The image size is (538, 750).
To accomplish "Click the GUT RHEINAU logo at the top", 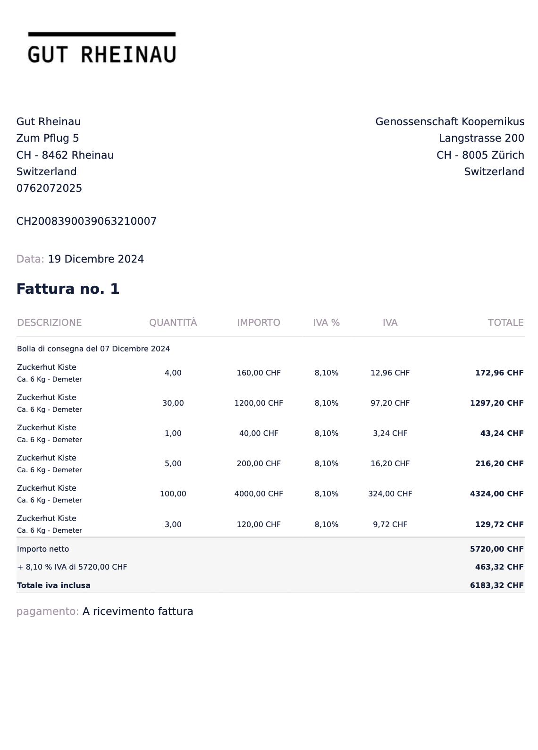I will pyautogui.click(x=102, y=49).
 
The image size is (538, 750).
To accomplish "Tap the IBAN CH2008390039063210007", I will pyautogui.click(x=86, y=222).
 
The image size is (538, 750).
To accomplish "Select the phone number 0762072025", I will pyautogui.click(x=49, y=188).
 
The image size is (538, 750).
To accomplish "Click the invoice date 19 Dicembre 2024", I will pyautogui.click(x=96, y=259).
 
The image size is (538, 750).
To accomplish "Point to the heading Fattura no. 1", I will pyautogui.click(x=68, y=289).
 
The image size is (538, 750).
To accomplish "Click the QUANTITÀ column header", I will pyautogui.click(x=173, y=323).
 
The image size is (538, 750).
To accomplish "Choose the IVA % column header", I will pyautogui.click(x=326, y=323).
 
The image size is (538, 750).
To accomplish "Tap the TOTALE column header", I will pyautogui.click(x=505, y=323).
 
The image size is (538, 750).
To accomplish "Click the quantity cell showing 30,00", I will pyautogui.click(x=173, y=403).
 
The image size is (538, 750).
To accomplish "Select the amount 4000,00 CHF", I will pyautogui.click(x=259, y=494).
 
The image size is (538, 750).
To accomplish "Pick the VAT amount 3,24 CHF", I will pyautogui.click(x=390, y=434).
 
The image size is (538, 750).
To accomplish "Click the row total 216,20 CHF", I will pyautogui.click(x=499, y=464).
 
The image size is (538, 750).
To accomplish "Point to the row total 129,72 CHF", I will pyautogui.click(x=499, y=525).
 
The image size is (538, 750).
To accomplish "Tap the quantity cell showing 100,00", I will pyautogui.click(x=173, y=494).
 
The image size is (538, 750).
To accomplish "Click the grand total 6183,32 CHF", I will pyautogui.click(x=496, y=586).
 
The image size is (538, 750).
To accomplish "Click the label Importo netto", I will pyautogui.click(x=43, y=549).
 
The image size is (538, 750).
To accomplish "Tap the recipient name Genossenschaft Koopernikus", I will pyautogui.click(x=450, y=122).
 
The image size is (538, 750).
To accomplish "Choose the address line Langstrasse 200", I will pyautogui.click(x=481, y=138).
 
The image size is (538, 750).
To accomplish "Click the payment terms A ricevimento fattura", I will pyautogui.click(x=138, y=612).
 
